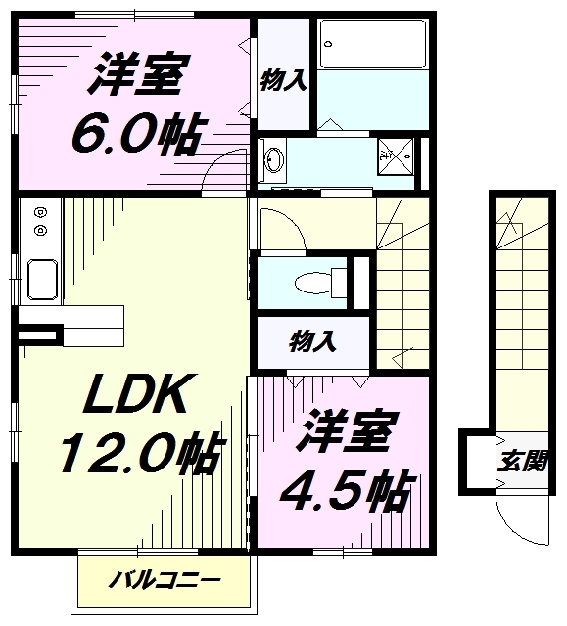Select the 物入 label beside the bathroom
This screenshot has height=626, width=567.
click(x=283, y=81)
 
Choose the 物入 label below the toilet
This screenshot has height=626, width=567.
click(x=312, y=341)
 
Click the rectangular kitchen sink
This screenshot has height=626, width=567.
click(x=39, y=278)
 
